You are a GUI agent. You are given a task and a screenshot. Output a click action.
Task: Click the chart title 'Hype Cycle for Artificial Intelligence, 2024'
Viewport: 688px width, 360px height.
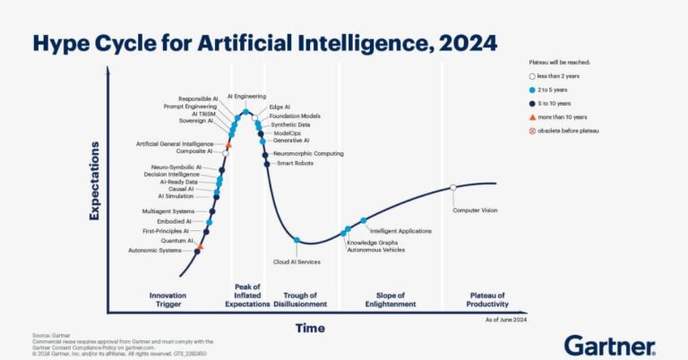[x=263, y=42]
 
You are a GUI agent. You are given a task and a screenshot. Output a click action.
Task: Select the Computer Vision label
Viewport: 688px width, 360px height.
[x=474, y=210]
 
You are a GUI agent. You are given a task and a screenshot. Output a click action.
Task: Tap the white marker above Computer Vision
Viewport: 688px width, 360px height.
[x=453, y=187]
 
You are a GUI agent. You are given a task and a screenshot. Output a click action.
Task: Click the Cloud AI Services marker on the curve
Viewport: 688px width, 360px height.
[x=297, y=240]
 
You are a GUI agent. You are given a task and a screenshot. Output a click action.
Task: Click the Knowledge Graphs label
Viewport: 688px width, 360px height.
[x=372, y=243]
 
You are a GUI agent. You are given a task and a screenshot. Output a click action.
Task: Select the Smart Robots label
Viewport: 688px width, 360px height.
[x=295, y=163]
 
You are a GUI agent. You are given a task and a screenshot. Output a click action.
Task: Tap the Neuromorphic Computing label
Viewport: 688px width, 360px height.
[x=308, y=154]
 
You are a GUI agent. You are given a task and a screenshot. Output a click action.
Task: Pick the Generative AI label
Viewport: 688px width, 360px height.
[x=290, y=141]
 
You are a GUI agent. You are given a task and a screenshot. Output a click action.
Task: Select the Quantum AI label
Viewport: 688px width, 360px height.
[x=177, y=241]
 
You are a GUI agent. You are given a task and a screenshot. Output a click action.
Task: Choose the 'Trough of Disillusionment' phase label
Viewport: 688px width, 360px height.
[x=298, y=300]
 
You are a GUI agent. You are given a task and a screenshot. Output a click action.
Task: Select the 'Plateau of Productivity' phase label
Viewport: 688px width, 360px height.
[x=487, y=300]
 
